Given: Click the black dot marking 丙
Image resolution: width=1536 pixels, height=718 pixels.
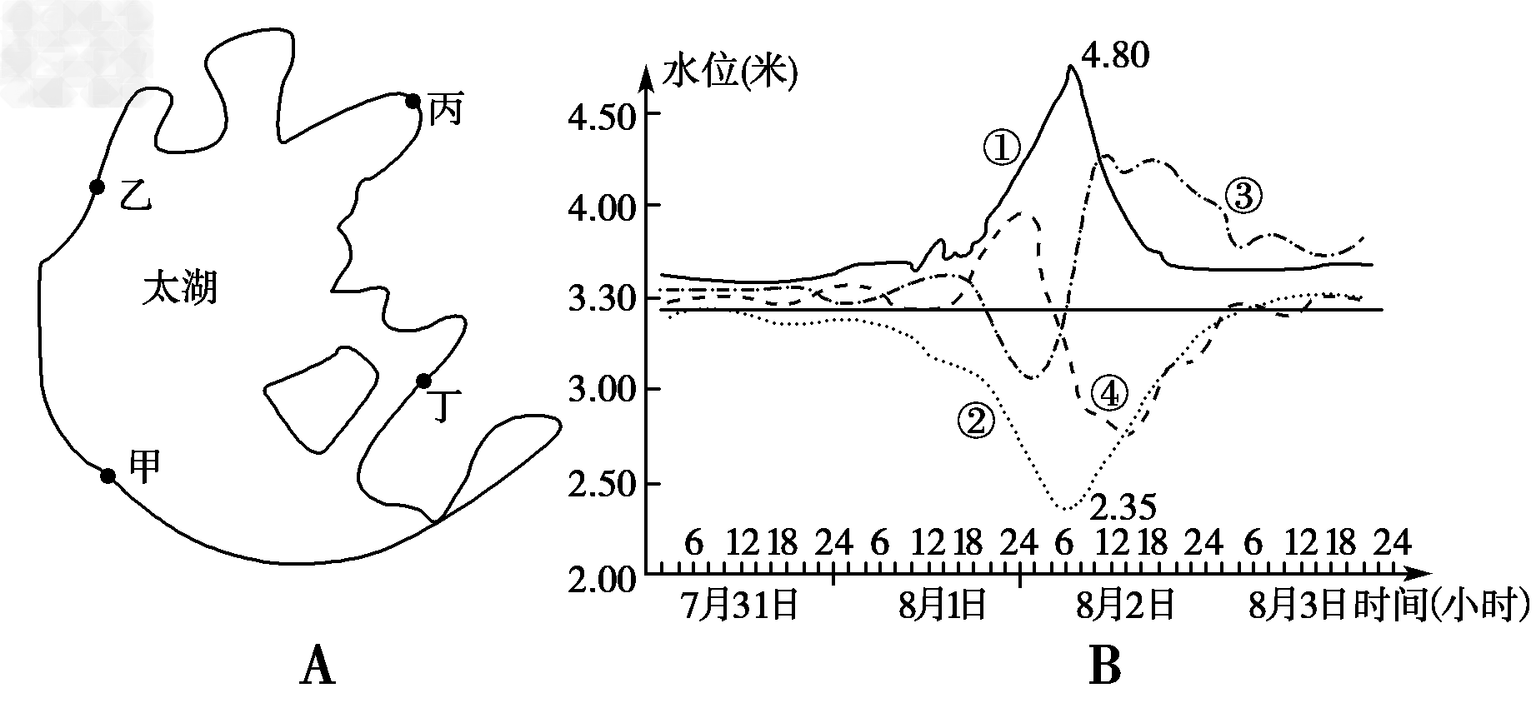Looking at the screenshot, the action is tap(413, 102).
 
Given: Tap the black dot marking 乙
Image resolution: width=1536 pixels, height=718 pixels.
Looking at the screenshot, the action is tap(97, 187).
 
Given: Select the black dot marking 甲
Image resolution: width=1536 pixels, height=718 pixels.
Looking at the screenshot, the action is tap(108, 476).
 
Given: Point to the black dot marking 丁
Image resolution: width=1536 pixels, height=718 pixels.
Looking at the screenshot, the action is tap(423, 381).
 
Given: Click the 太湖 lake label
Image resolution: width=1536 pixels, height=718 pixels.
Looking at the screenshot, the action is tap(180, 289).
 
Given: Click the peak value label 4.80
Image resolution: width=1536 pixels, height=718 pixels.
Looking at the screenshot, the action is tap(1116, 57).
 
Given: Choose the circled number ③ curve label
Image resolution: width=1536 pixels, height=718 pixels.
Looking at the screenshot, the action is tap(1243, 197).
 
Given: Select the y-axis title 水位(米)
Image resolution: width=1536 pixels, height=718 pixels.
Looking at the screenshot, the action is tap(728, 75).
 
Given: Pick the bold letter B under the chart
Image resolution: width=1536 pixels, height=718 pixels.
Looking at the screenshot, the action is tap(1104, 668).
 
